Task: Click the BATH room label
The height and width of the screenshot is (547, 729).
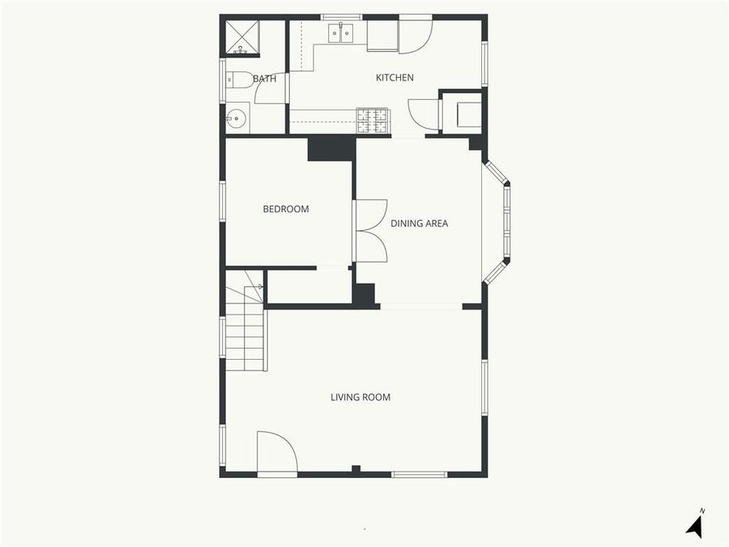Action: pos(265,79)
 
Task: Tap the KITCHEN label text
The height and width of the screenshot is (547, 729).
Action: pos(394,78)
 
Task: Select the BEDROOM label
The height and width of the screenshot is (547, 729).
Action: pos(286,209)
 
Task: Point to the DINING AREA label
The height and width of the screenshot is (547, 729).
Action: pos(419,224)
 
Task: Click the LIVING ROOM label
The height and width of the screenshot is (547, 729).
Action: pos(360,397)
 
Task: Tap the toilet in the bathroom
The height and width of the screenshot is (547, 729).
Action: pos(238,79)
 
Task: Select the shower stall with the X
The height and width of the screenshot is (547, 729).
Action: pos(241,37)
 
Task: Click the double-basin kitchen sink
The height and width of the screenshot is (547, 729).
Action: pos(340,33)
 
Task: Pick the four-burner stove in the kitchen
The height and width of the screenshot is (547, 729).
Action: pos(373,120)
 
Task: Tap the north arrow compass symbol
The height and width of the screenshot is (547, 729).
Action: pos(694,524)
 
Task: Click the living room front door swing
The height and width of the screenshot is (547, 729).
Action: pos(276,452)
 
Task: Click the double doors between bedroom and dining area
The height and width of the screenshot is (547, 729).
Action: pos(369,231)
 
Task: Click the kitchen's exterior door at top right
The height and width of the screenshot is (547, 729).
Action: pos(415,34)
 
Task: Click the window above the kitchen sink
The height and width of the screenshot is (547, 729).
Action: pos(341,17)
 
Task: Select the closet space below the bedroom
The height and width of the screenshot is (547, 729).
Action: pos(309,286)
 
